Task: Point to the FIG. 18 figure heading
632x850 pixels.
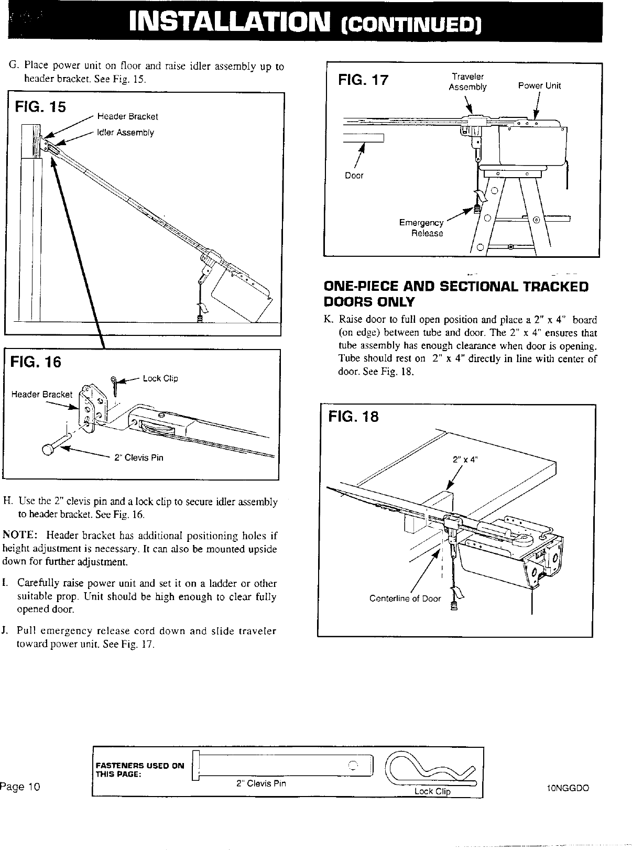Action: click(x=353, y=417)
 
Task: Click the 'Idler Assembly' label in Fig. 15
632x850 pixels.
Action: click(x=125, y=133)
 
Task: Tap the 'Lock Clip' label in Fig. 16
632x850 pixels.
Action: click(x=160, y=378)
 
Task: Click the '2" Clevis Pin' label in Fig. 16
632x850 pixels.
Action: click(x=139, y=457)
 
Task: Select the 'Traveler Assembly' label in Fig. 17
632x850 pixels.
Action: click(x=467, y=82)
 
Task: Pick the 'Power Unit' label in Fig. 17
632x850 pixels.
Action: click(x=539, y=86)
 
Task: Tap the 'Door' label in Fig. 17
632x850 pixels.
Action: click(x=354, y=176)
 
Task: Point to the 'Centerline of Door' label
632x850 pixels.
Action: click(x=405, y=598)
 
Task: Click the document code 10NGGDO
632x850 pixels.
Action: click(x=568, y=788)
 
